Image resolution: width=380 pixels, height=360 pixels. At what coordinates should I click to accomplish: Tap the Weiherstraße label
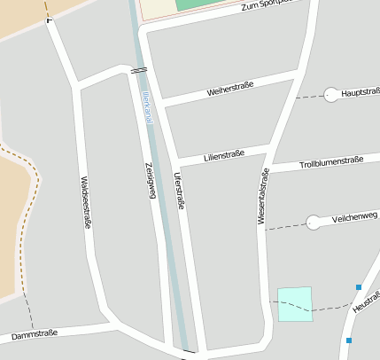tap(230, 88)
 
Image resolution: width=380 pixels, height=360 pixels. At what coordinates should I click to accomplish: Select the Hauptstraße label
tap(360, 91)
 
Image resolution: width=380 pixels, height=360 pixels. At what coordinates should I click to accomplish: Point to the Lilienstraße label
tap(223, 156)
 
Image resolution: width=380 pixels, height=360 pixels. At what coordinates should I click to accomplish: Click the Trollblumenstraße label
tap(331, 162)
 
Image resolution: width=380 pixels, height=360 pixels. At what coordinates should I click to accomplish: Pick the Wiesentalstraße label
tap(263, 196)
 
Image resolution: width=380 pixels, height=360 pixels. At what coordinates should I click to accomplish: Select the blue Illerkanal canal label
tap(145, 111)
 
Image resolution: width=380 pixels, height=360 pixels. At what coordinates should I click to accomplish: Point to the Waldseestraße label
tap(86, 201)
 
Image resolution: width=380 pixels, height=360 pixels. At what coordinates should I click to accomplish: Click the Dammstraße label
tap(35, 334)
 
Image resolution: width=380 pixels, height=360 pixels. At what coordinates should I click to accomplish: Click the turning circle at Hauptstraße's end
tap(331, 94)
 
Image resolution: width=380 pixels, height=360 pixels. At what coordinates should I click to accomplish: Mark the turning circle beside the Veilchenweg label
tap(313, 223)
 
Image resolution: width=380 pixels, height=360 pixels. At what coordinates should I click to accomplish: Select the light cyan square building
tap(295, 303)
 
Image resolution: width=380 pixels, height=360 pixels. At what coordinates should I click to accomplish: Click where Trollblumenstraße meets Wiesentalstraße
tap(267, 168)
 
